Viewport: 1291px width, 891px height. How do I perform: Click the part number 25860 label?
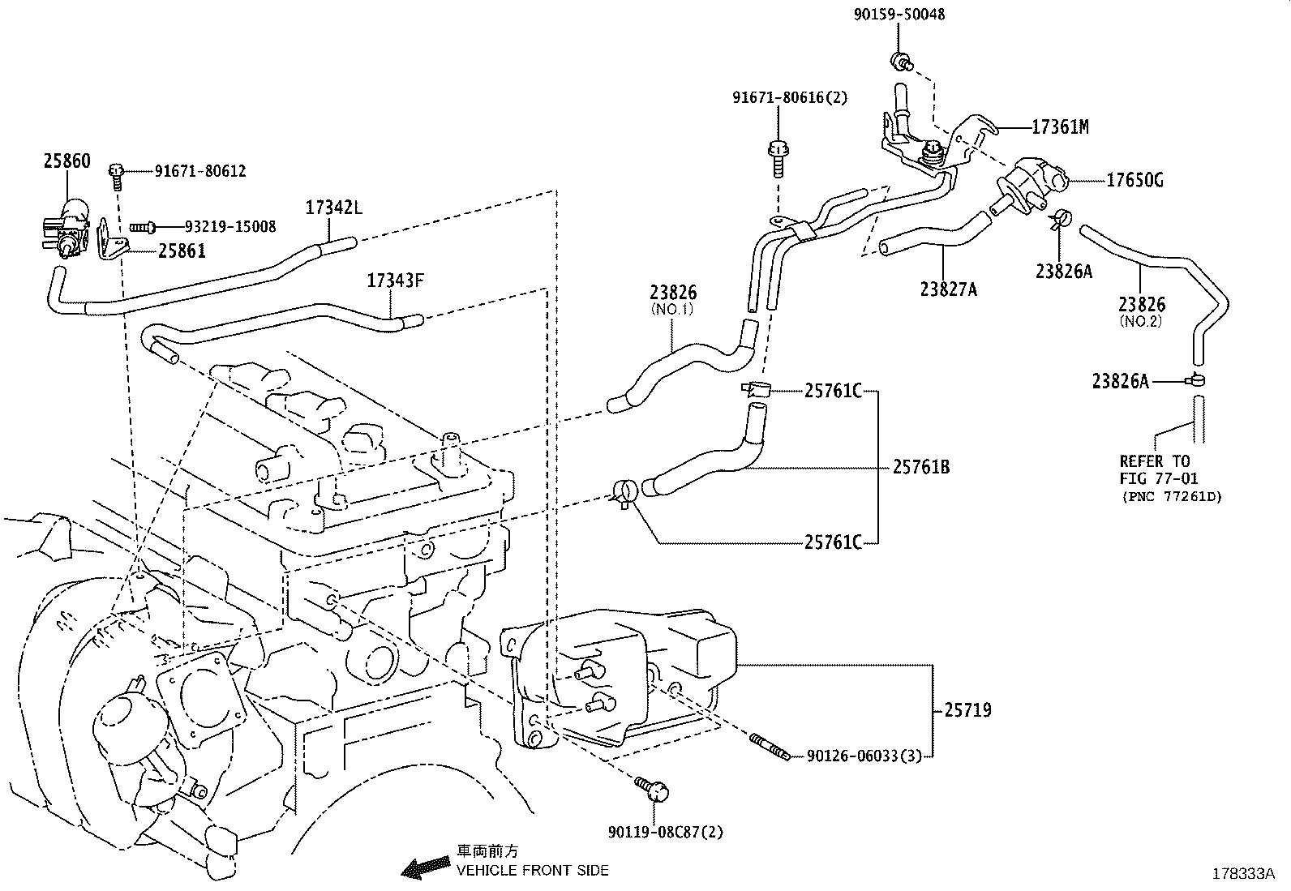point(66,161)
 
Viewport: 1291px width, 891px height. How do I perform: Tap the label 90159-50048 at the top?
point(899,15)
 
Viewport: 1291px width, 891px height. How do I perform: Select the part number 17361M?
point(1060,126)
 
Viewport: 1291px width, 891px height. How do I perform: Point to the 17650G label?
point(1134,181)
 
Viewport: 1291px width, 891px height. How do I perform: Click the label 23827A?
point(949,289)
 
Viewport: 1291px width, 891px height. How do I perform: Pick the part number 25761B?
point(921,467)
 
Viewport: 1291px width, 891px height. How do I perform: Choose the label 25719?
point(967,710)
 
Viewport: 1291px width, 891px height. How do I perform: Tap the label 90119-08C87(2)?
point(665,832)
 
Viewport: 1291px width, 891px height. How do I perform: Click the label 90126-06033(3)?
point(864,756)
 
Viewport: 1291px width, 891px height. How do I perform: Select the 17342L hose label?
point(334,208)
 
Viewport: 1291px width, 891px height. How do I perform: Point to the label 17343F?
point(396,281)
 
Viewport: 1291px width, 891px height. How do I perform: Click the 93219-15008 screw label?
point(230,226)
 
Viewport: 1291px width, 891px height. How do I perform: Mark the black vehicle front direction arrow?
point(426,867)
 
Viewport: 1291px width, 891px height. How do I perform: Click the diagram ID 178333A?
point(1243,874)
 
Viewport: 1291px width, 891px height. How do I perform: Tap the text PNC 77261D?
point(1172,496)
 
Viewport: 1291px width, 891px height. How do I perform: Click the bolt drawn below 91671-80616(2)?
point(778,159)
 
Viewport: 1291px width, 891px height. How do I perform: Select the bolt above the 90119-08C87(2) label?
point(652,788)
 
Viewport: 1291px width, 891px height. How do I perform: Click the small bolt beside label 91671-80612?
point(117,176)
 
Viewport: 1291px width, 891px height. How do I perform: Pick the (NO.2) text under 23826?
point(1141,322)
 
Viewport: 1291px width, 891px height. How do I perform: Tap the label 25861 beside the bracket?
point(182,251)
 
